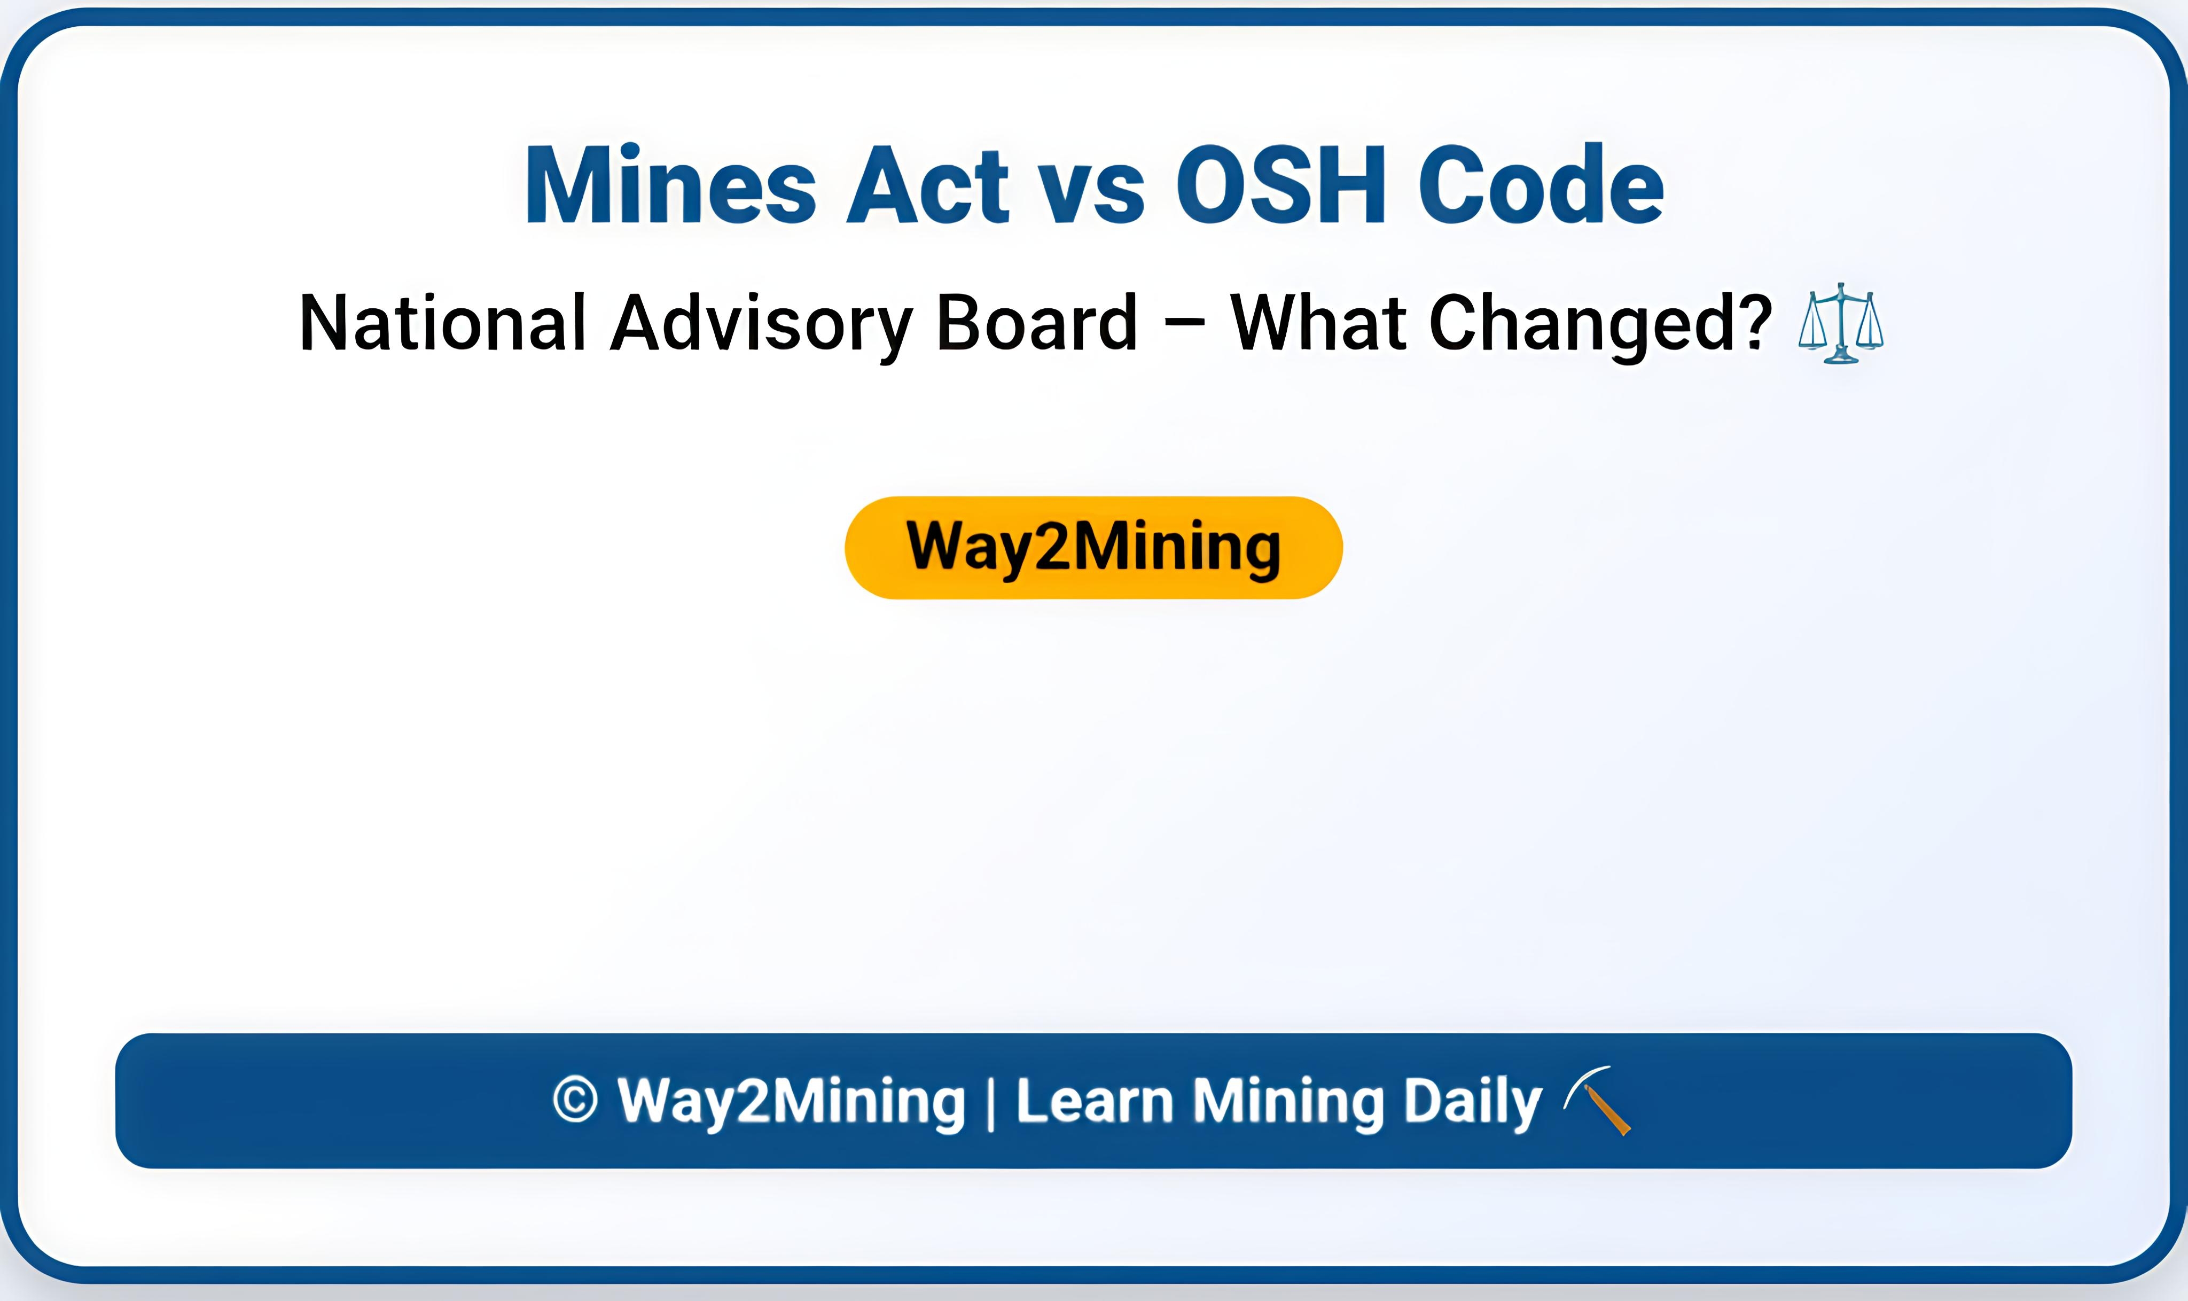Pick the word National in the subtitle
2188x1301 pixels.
442,323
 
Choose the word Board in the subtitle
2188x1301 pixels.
1037,323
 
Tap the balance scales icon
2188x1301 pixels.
1840,323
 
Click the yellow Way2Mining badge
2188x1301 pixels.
1093,548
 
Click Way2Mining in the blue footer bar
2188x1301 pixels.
791,1102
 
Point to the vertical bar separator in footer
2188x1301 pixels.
991,1103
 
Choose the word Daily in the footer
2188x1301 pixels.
1472,1103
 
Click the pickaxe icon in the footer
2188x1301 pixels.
1597,1100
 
